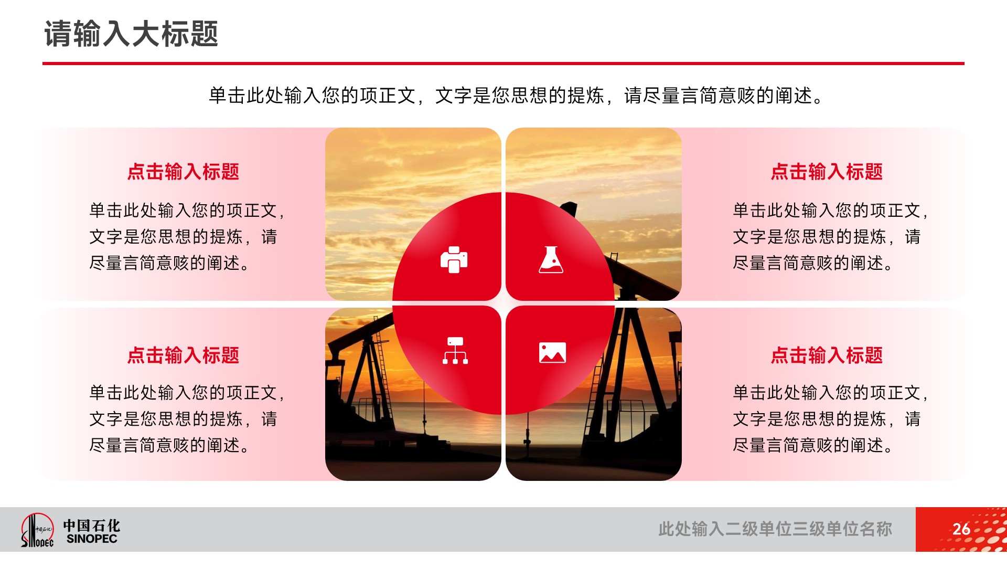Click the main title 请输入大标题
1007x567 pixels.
(x=131, y=34)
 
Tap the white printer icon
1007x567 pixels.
(x=454, y=259)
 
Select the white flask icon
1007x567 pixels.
(x=551, y=259)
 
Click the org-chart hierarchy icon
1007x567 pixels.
(x=455, y=351)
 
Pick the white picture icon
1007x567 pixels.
(x=552, y=353)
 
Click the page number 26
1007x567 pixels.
(x=961, y=529)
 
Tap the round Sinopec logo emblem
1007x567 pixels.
(x=37, y=530)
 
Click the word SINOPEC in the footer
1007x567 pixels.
(x=92, y=539)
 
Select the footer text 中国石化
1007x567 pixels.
(x=92, y=525)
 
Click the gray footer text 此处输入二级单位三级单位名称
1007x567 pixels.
(x=775, y=529)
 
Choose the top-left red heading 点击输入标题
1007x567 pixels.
(x=183, y=172)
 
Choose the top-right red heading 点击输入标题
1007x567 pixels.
(x=827, y=172)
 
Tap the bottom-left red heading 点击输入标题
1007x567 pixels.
(x=183, y=355)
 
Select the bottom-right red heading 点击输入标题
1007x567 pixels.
(x=827, y=355)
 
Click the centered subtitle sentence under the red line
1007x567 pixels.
(x=516, y=96)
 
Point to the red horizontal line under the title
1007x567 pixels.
(x=504, y=64)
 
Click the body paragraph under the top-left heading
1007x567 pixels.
(x=187, y=237)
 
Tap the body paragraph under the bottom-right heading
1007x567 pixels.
(x=831, y=419)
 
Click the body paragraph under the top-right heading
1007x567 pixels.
(x=831, y=237)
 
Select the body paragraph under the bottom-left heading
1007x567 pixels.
(x=187, y=419)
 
